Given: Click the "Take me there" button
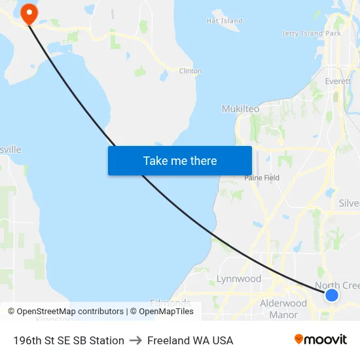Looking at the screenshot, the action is click(180, 160).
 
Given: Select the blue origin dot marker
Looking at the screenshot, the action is click(332, 295).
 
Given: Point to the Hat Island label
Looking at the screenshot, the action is click(225, 21).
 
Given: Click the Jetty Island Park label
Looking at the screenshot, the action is click(312, 33).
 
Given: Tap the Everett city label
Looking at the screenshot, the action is click(338, 82).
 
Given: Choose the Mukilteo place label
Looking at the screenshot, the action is click(240, 109).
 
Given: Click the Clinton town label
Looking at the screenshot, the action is click(190, 71).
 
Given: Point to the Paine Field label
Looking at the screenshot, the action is click(262, 177).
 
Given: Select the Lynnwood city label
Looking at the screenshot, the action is click(239, 279).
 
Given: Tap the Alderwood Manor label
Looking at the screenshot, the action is click(283, 309).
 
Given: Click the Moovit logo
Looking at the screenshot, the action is click(320, 340).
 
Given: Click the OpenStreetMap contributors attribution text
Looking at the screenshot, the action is click(65, 312).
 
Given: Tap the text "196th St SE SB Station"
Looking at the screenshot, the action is click(69, 340).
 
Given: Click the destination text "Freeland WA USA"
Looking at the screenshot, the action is click(190, 340).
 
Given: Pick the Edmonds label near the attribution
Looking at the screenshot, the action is click(170, 303).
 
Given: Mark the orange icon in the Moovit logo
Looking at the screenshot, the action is click(299, 339).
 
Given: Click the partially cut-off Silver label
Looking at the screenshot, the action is click(349, 204).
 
